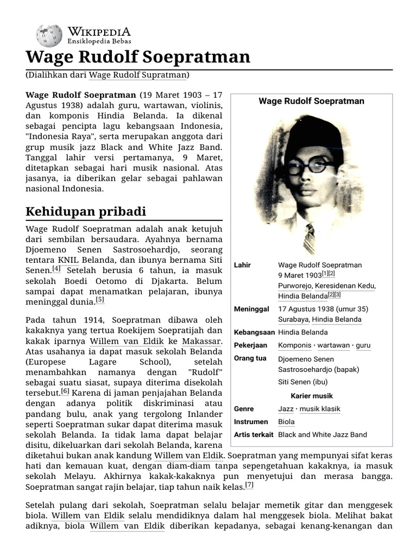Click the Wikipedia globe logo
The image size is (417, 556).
[x=49, y=36]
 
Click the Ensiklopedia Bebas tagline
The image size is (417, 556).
[x=99, y=41]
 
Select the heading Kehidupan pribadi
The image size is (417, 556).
[x=86, y=212]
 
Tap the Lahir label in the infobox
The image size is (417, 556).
[x=242, y=265]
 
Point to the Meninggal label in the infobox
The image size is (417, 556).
[x=251, y=309]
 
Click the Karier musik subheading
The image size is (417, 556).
[x=312, y=396]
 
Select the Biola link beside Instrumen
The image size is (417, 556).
[x=286, y=422]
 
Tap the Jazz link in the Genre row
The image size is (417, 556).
[x=286, y=409]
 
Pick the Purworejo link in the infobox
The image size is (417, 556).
[x=296, y=286]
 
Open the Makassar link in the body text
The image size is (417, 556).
[x=201, y=342]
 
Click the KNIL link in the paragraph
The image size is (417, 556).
[x=68, y=259]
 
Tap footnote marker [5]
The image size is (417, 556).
[x=100, y=299]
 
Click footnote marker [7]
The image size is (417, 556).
[x=249, y=484]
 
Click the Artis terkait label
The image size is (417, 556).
[x=254, y=435]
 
